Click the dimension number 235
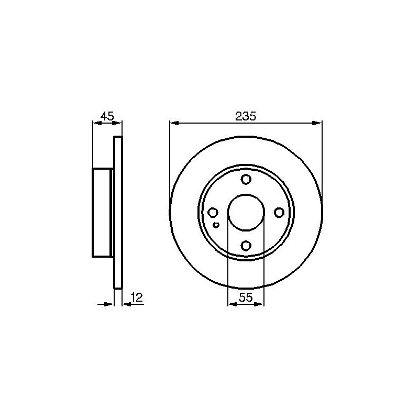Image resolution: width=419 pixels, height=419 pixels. [246, 116]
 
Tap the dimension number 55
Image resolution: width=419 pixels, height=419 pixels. [246, 297]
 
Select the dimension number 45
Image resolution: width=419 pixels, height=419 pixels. [107, 116]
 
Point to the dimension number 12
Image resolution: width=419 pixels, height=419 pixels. [137, 297]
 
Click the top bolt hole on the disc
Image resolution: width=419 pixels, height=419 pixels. [246, 179]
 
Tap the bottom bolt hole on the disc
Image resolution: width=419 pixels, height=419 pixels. [246, 245]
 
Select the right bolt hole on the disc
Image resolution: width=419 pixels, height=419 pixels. [279, 213]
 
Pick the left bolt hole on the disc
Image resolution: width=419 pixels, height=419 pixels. [213, 213]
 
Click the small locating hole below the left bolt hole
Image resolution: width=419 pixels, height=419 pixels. [216, 225]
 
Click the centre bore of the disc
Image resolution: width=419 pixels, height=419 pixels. [246, 213]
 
